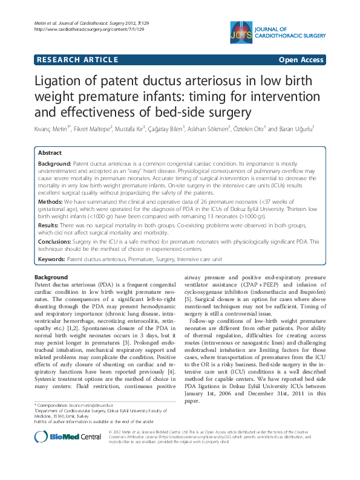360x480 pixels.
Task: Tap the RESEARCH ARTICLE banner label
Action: [x=77, y=59]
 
